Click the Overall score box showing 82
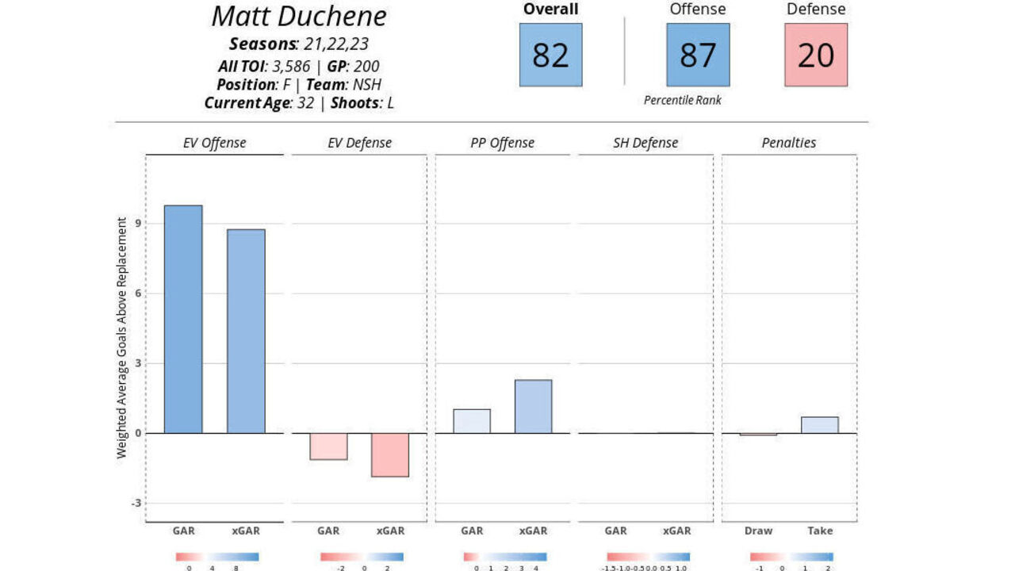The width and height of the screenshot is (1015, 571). click(x=550, y=55)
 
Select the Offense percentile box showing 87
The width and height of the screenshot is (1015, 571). click(x=697, y=55)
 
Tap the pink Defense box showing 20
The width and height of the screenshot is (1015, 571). click(x=816, y=55)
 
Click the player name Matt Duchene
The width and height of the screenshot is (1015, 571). click(x=300, y=16)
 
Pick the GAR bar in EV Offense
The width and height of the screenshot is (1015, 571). click(x=183, y=319)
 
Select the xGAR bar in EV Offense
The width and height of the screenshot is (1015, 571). click(x=246, y=331)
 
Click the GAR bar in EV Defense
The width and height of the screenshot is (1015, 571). click(x=328, y=446)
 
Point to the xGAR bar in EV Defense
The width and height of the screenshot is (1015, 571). click(x=390, y=454)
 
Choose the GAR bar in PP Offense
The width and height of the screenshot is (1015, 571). click(x=472, y=421)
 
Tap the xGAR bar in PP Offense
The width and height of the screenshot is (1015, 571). click(x=533, y=406)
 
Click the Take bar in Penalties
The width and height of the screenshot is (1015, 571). click(x=820, y=425)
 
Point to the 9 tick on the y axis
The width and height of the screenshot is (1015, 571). click(x=138, y=224)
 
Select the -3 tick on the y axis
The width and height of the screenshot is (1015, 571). click(x=136, y=503)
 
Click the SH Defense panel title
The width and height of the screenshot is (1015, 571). click(x=645, y=144)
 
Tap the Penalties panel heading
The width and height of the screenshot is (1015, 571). click(x=789, y=144)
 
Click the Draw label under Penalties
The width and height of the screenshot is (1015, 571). click(x=758, y=531)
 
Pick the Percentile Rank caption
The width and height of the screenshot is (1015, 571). click(x=682, y=100)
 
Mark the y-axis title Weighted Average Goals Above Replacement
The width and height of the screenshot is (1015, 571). click(x=122, y=339)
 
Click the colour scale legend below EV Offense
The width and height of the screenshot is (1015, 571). click(x=217, y=557)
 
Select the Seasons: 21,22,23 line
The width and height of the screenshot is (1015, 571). click(x=300, y=44)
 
